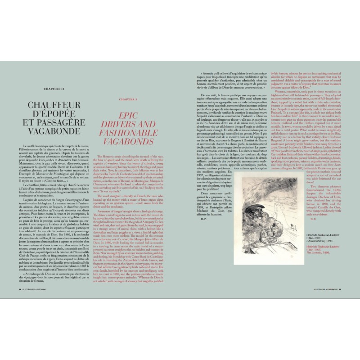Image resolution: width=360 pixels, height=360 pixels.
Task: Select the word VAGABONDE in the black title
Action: [62, 127]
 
